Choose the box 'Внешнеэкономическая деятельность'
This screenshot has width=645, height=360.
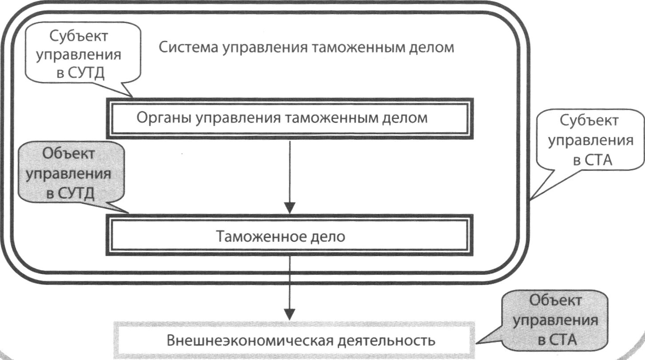293,340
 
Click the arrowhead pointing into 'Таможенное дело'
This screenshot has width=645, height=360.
289,207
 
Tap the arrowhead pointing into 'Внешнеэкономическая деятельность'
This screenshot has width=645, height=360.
289,312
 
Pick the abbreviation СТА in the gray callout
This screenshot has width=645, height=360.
562,340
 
